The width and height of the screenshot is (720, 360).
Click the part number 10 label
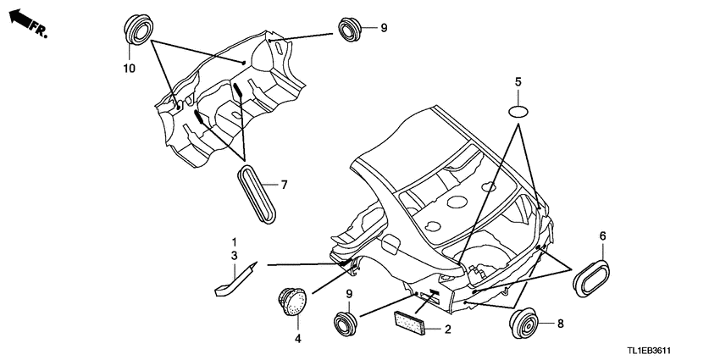pyautogui.click(x=129, y=69)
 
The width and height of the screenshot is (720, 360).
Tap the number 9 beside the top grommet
pyautogui.click(x=384, y=28)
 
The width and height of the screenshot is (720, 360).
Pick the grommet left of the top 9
pyautogui.click(x=351, y=29)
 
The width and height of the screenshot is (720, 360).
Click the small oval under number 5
pyautogui.click(x=518, y=112)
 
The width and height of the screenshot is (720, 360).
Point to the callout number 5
pyautogui.click(x=518, y=83)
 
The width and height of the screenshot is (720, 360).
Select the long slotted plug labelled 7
pyautogui.click(x=258, y=194)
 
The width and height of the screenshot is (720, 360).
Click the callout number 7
pyautogui.click(x=285, y=185)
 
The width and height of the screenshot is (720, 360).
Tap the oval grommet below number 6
pyautogui.click(x=592, y=279)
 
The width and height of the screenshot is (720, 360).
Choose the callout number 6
pyautogui.click(x=602, y=236)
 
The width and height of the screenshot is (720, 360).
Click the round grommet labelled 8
pyautogui.click(x=523, y=324)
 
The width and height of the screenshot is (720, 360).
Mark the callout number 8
pyautogui.click(x=560, y=324)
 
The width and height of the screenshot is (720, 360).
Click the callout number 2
pyautogui.click(x=448, y=330)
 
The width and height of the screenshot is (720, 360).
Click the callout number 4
pyautogui.click(x=297, y=339)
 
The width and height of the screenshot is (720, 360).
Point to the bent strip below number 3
pyautogui.click(x=236, y=278)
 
